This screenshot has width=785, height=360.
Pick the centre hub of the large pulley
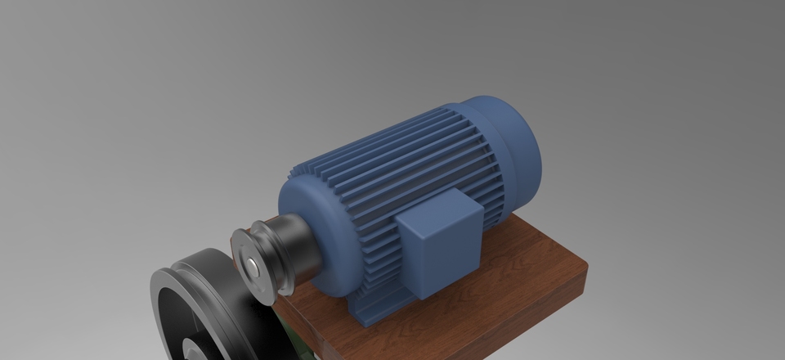tap(196, 348)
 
